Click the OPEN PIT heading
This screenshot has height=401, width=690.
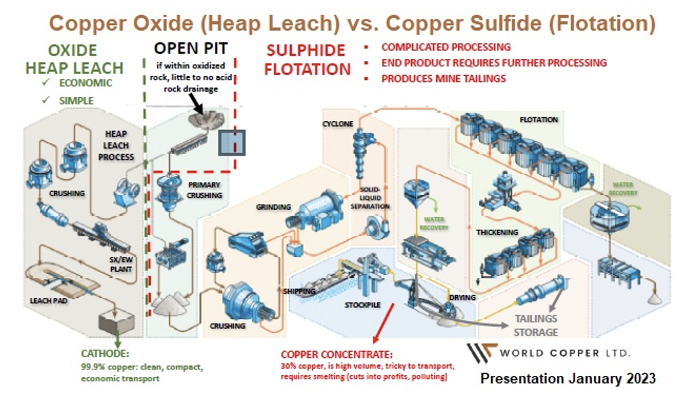[x=191, y=48]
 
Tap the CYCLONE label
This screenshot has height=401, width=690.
[x=337, y=124]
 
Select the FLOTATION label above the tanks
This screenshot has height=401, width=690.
[x=538, y=119]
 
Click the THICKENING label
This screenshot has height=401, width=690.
[x=497, y=232]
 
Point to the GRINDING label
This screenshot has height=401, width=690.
[x=274, y=207]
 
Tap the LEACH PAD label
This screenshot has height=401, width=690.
[x=49, y=300]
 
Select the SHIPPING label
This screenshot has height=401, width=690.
[x=299, y=291]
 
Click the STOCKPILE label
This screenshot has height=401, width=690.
[x=362, y=305]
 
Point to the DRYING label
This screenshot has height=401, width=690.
[x=463, y=297]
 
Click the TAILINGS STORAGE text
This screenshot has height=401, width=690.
[x=535, y=325]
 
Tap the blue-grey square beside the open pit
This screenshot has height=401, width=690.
[x=231, y=142]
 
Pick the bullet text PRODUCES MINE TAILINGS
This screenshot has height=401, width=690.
[x=443, y=78]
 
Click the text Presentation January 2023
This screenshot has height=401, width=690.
[x=567, y=378]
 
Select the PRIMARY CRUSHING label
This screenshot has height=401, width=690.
[x=205, y=190]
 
